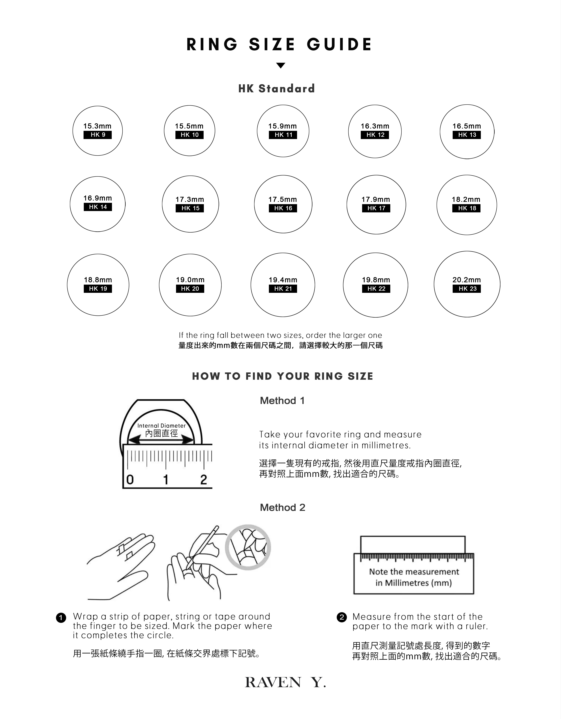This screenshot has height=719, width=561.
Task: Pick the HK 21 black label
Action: [283, 289]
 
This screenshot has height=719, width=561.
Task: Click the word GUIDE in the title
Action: [339, 45]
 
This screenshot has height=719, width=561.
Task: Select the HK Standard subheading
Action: [277, 89]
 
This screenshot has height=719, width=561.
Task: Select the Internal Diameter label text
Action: [161, 426]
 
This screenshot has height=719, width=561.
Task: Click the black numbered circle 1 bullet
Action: [61, 618]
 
